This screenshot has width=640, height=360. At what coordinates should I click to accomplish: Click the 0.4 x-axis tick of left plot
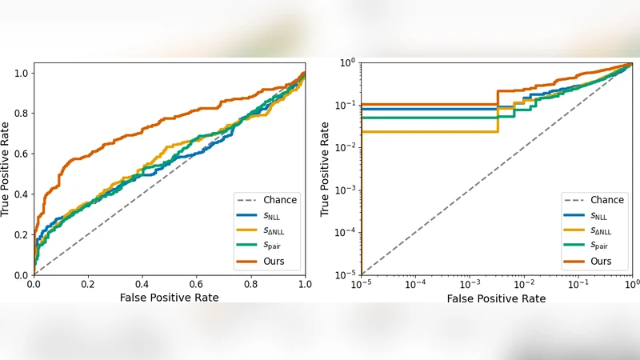(x=142, y=284)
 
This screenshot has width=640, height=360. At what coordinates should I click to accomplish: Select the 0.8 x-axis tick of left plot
(x=251, y=284)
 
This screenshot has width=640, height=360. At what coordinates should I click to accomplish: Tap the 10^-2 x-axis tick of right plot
(x=524, y=285)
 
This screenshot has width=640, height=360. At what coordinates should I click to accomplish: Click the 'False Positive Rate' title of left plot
(x=169, y=298)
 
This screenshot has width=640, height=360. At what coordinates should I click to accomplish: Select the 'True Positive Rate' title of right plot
(x=326, y=169)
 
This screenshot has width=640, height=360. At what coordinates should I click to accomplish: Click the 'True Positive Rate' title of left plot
(x=6, y=169)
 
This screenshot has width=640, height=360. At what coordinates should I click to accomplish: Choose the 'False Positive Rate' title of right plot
(x=496, y=298)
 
